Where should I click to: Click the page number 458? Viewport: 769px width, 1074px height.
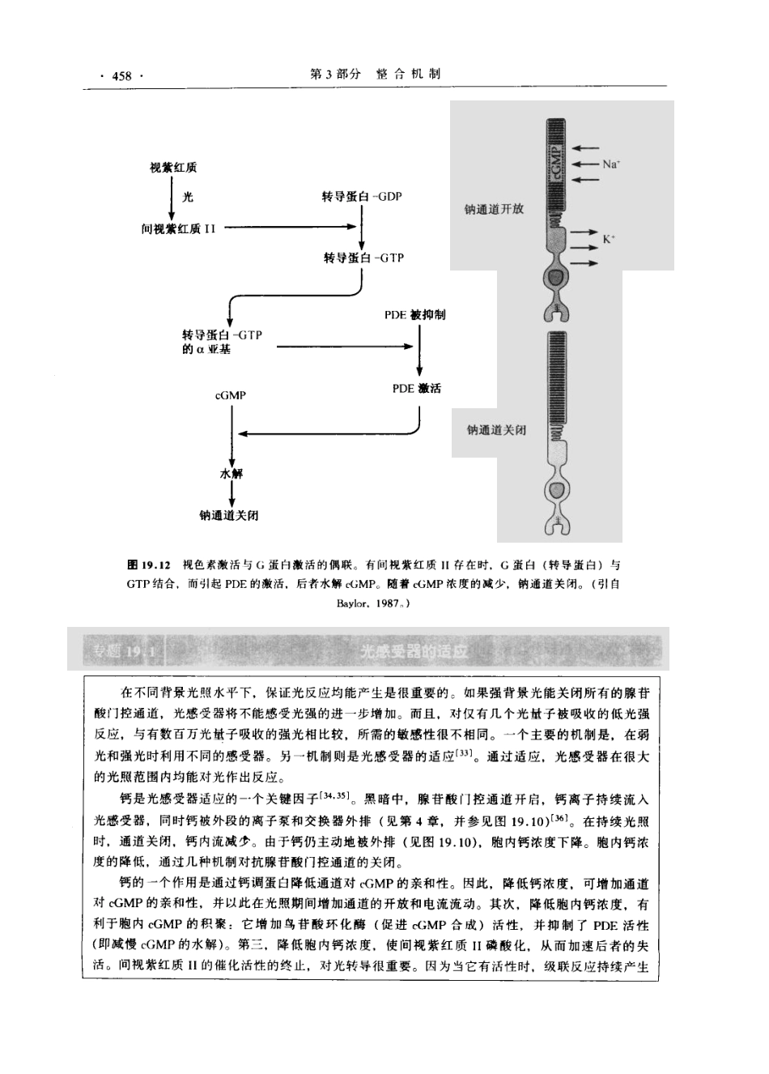pos(121,75)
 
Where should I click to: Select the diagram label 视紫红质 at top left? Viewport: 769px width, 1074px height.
pos(173,168)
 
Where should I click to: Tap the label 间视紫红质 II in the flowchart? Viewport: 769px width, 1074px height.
pos(178,228)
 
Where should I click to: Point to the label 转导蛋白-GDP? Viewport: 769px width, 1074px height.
pos(362,197)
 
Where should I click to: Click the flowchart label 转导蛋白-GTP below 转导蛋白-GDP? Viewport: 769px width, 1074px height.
pos(363,258)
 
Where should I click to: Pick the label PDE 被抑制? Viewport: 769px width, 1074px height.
pos(414,314)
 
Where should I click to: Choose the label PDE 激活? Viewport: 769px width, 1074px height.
pos(417,389)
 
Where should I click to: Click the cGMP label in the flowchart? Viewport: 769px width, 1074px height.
pos(230,395)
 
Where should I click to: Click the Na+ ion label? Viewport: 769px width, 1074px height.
pos(611,164)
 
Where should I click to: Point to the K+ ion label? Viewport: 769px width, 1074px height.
pos(609,239)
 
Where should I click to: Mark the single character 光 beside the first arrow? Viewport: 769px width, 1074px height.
pos(189,197)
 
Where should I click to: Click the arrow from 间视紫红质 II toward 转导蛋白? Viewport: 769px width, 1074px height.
pos(291,228)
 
